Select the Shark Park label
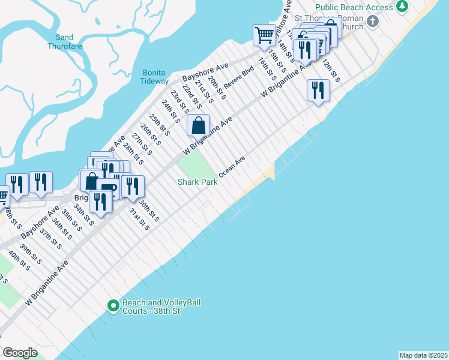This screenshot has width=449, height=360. click(x=197, y=182)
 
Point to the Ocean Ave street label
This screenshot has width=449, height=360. click(x=232, y=167)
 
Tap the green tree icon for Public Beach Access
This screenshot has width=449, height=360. click(x=402, y=7)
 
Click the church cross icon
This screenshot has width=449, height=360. click(x=372, y=22)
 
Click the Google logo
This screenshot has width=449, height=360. click(x=20, y=352)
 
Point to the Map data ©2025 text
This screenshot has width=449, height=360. click(x=423, y=355)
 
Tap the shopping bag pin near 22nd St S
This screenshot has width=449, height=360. click(x=199, y=126)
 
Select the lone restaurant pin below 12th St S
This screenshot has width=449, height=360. click(x=318, y=91)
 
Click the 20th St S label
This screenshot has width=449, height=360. click(x=217, y=88)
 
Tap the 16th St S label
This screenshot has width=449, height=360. click(x=268, y=70)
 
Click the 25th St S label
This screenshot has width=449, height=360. click(x=160, y=125)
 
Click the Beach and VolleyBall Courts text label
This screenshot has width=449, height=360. click(x=161, y=307)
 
